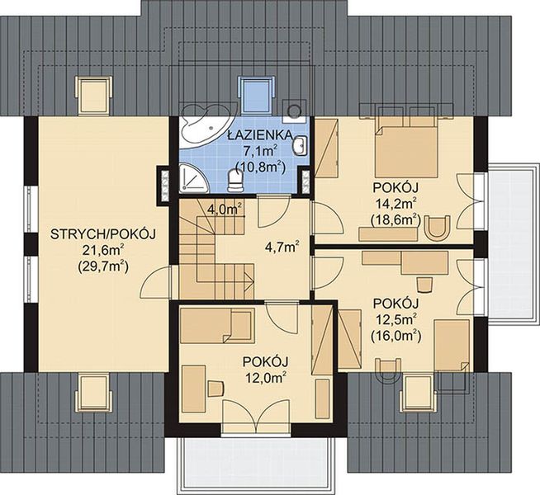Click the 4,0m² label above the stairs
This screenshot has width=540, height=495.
pyautogui.click(x=224, y=209)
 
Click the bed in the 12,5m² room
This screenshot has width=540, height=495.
pyautogui.click(x=452, y=346)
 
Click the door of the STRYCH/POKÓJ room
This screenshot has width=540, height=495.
pyautogui.click(x=153, y=287)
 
